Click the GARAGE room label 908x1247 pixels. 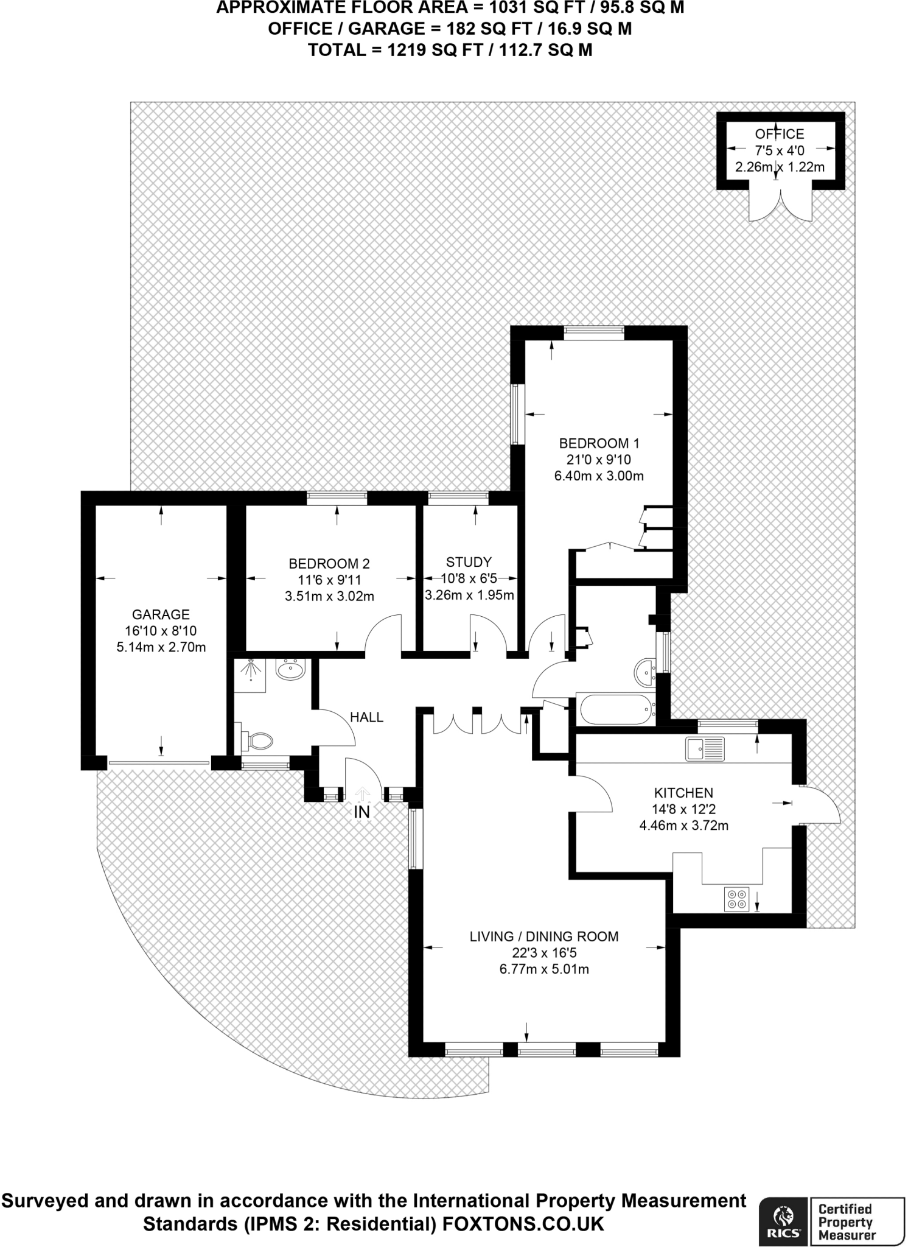(x=161, y=614)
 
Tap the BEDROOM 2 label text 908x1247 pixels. (x=329, y=564)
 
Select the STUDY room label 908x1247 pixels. (x=468, y=562)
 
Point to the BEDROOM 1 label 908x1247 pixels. (x=599, y=443)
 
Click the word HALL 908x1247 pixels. (x=366, y=717)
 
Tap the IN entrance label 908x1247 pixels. (x=362, y=812)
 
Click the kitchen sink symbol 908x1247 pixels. (x=705, y=749)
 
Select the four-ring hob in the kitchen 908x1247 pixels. (x=736, y=899)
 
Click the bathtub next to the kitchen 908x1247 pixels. (x=616, y=709)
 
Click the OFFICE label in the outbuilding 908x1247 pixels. (x=779, y=134)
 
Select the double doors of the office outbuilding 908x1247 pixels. (x=780, y=206)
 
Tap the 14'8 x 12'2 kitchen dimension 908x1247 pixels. (x=683, y=809)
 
